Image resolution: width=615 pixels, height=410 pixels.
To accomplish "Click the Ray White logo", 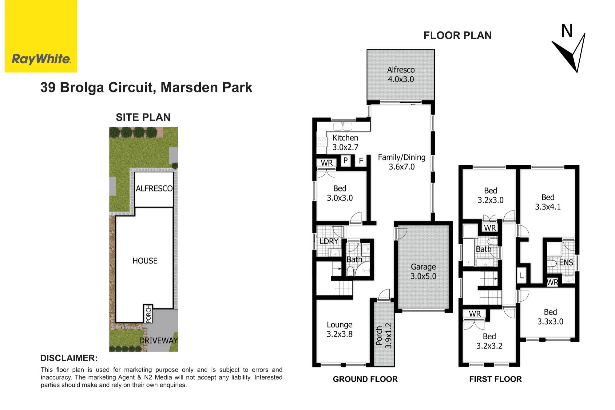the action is click(41, 36).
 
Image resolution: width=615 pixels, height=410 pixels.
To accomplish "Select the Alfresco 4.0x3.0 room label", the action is click(401, 74).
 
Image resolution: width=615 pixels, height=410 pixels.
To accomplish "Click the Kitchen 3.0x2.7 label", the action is click(345, 142).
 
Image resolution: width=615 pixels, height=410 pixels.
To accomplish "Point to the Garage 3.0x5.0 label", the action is click(423, 271).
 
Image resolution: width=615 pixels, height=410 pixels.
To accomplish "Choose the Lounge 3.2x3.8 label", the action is click(339, 329).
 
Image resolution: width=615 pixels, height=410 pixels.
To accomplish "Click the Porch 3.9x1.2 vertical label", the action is click(384, 336).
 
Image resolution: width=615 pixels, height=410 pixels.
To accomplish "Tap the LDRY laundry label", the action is click(329, 241).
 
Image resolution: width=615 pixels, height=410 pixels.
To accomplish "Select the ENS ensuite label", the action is click(566, 262).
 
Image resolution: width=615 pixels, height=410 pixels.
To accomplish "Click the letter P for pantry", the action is click(346, 160).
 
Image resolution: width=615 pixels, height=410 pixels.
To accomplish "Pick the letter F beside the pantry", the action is click(361, 160).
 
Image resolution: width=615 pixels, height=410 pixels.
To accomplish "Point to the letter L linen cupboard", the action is click(522, 276).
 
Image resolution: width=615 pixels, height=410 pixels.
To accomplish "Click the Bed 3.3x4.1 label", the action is click(548, 202).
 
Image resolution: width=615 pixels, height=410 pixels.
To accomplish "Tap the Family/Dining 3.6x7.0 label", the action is click(402, 162).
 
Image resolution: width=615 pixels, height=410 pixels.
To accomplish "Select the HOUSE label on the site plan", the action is click(145, 261).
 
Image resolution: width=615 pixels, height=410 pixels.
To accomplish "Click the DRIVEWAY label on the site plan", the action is click(158, 341).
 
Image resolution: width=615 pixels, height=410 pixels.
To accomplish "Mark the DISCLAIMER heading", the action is click(69, 358).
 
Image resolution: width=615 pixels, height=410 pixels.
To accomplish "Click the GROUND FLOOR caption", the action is click(365, 379).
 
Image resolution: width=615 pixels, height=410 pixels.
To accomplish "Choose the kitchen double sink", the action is click(343, 126).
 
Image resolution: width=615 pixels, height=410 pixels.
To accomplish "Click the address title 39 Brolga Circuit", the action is click(146, 87).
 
